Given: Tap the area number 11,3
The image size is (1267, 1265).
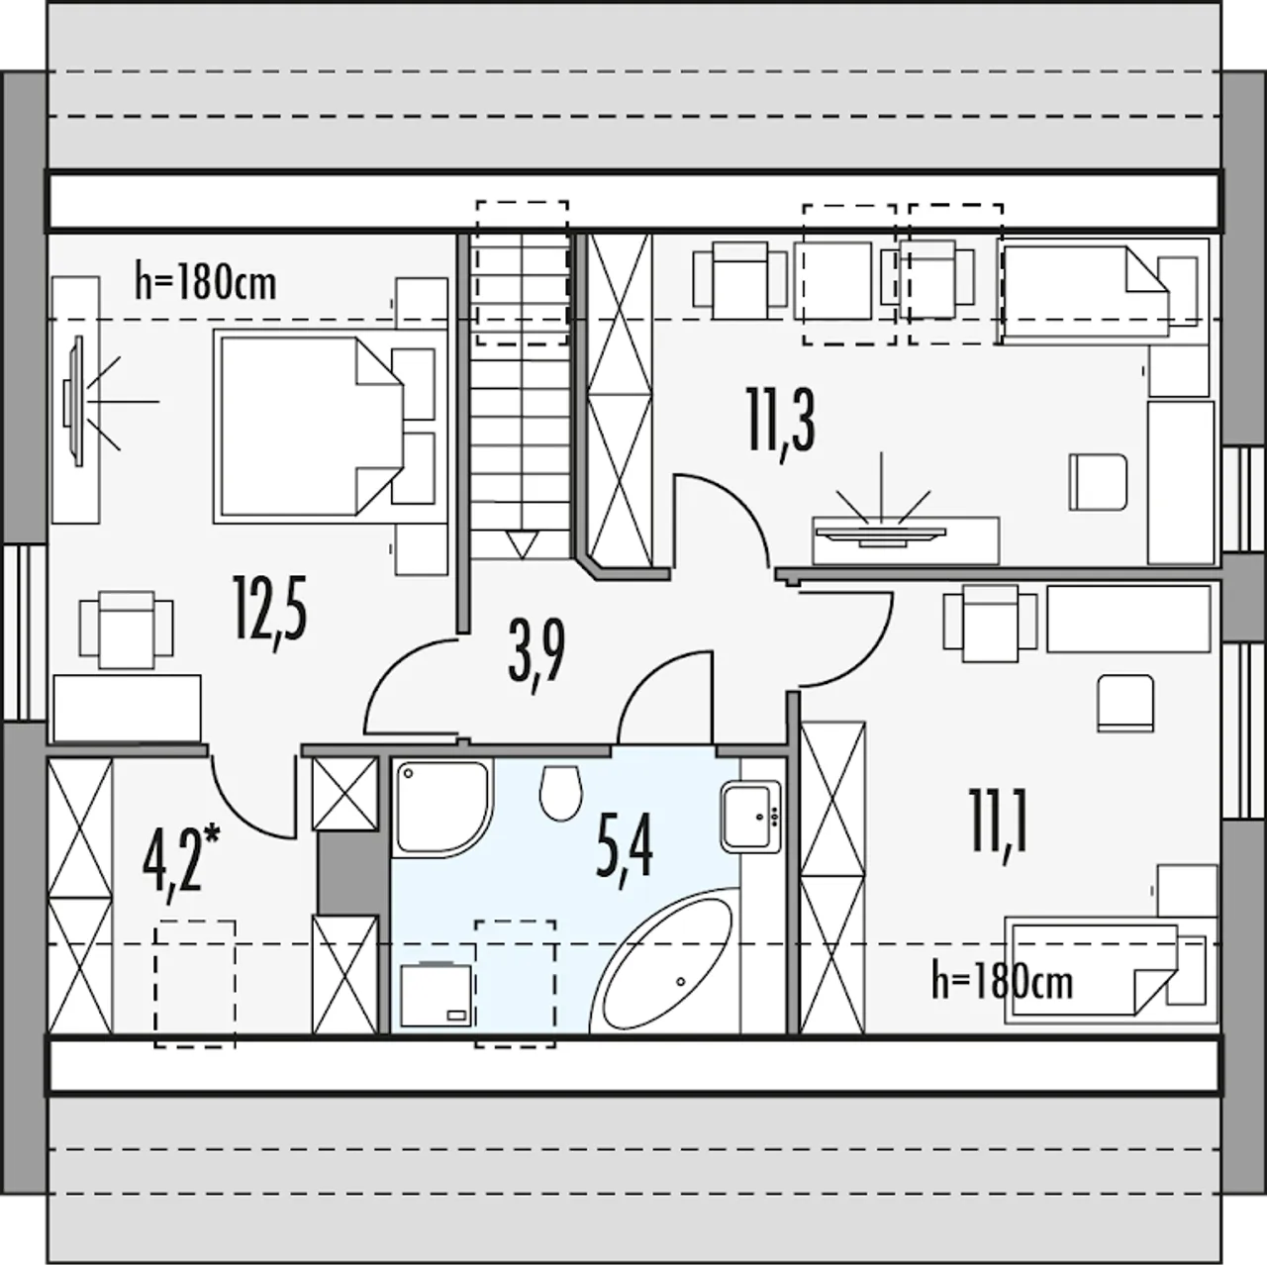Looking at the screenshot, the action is point(782,424).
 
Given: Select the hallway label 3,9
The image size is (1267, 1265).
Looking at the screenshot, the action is point(536,656).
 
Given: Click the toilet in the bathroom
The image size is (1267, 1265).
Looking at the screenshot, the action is point(560,794).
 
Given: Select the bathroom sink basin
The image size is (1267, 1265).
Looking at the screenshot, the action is point(751,816).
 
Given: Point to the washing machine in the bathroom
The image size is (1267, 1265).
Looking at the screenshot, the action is point(437,994).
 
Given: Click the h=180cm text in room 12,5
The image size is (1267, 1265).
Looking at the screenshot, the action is point(205,283).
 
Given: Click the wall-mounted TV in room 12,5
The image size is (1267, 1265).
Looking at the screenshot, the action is point(73,401).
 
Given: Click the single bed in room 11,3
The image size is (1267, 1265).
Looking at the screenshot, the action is point(1105,292).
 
